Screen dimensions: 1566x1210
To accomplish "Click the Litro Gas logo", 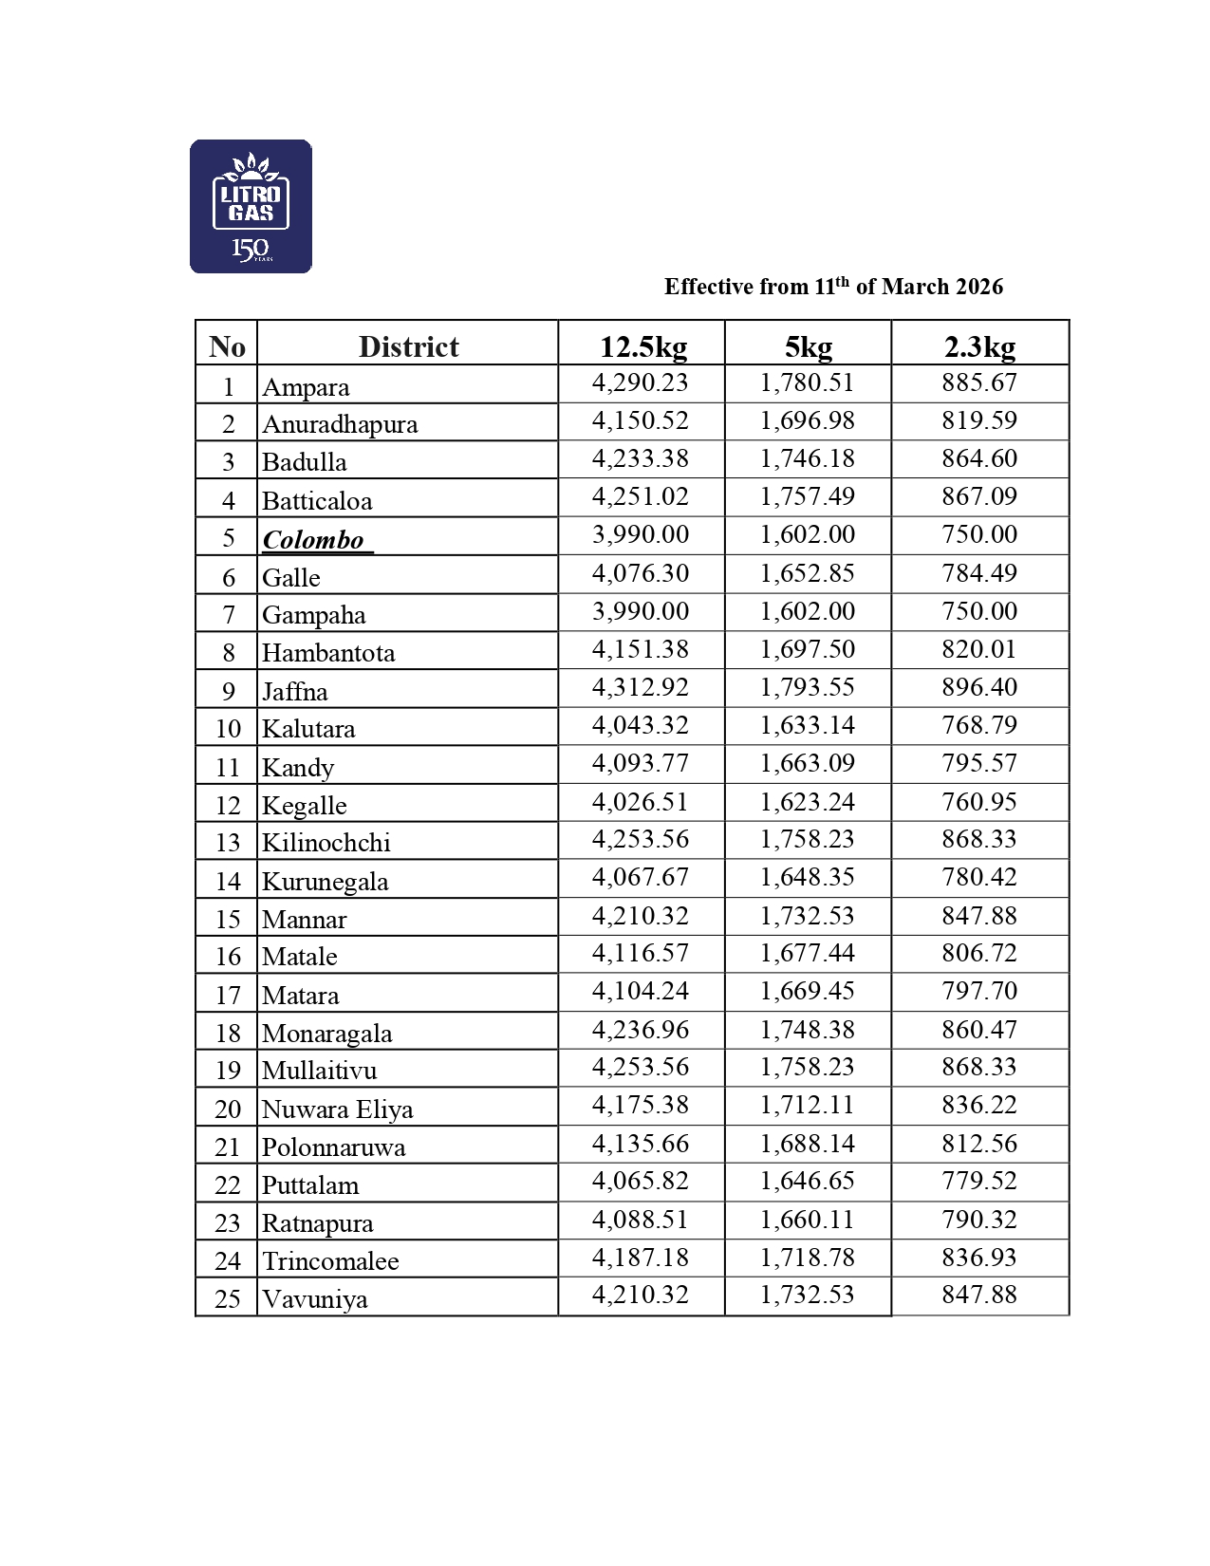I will point(251,207).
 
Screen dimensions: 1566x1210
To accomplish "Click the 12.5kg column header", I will point(642,346).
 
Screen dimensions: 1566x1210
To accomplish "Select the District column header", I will point(408,346).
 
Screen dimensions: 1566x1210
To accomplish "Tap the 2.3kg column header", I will point(979,346).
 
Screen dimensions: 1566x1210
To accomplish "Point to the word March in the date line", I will point(916,287).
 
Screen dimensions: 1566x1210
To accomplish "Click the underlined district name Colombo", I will point(313,540).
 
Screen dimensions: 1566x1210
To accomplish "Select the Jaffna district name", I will point(295,692).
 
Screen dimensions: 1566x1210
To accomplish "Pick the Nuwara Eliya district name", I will point(337,1109).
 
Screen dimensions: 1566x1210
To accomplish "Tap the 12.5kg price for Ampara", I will point(641,382).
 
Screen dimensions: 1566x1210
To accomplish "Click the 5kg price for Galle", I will point(808,573).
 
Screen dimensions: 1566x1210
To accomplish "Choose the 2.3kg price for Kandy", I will point(979,763).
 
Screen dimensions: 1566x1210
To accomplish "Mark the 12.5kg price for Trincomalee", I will point(641,1258).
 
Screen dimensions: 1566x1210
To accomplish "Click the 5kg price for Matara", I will point(808,991).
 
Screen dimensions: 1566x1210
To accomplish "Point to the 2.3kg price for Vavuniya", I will point(979,1295).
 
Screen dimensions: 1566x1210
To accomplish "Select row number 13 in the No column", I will point(228,843).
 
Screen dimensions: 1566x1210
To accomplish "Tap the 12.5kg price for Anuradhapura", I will point(641,420).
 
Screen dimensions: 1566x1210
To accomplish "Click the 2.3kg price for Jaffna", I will point(979,687).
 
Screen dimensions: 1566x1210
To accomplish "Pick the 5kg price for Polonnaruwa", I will point(808,1144).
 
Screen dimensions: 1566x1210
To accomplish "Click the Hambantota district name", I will point(328,653).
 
